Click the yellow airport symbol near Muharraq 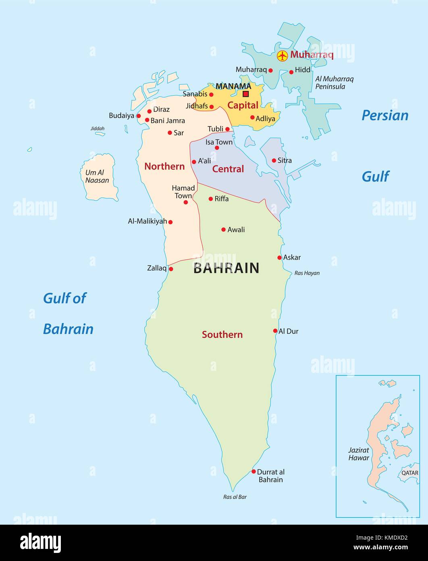tap(283, 56)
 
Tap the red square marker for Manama tap(245, 94)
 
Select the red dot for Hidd tap(291, 72)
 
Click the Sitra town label tap(285, 160)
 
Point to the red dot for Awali tap(223, 230)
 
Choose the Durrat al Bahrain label tap(270, 476)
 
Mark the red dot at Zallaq tap(171, 269)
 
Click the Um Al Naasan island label tap(97, 176)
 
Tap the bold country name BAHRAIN tap(226, 268)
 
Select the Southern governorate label tap(222, 335)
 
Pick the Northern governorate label tap(164, 166)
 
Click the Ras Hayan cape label tap(307, 273)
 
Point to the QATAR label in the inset tap(409, 473)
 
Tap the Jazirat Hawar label tap(359, 454)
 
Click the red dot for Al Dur tap(275, 331)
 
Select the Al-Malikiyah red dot tap(170, 222)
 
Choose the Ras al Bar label tap(235, 497)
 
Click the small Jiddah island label tap(98, 129)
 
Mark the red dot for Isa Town tap(217, 148)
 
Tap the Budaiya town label tap(121, 116)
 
